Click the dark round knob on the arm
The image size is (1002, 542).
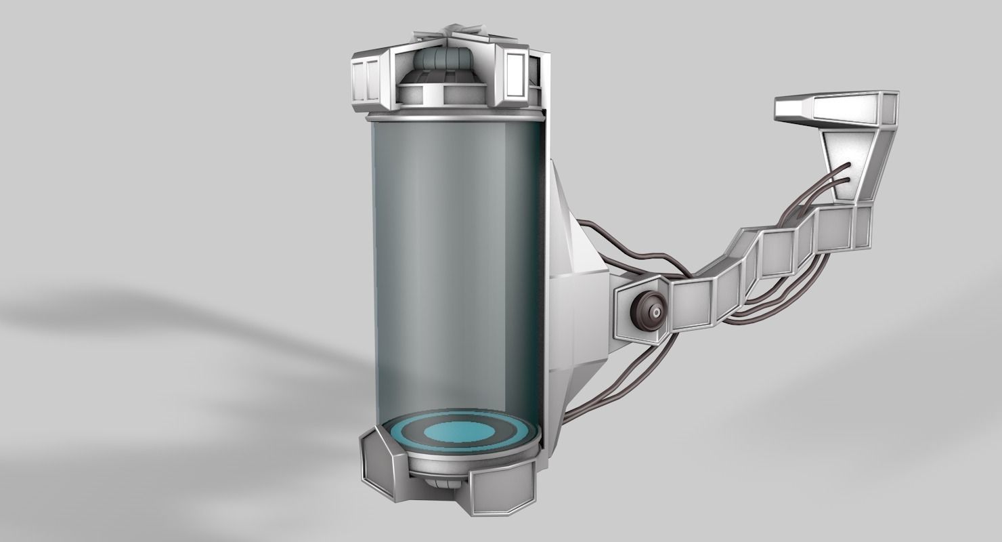(x=647, y=312)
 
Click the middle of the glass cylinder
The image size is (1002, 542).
(x=457, y=271)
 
